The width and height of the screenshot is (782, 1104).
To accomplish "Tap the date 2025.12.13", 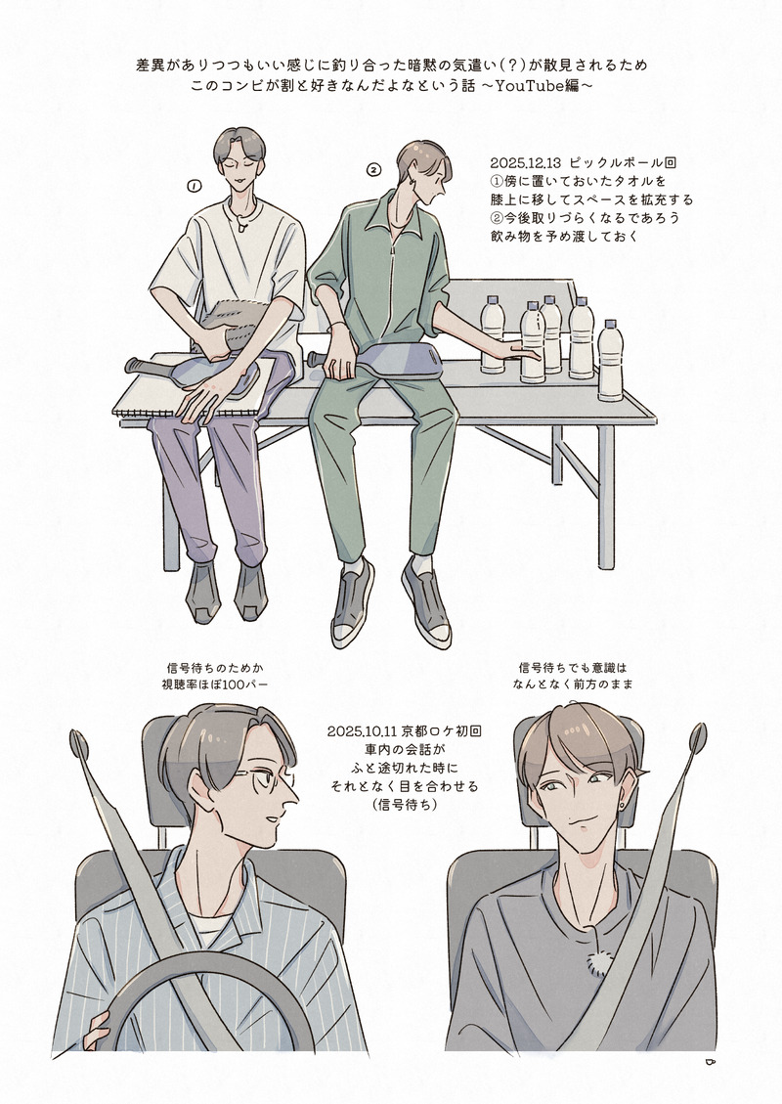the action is click(524, 162).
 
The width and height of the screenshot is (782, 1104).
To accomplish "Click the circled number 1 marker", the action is click(195, 186).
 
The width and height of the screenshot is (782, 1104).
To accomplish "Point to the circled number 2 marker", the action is click(373, 169).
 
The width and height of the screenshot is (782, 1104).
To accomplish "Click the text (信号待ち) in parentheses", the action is click(404, 805).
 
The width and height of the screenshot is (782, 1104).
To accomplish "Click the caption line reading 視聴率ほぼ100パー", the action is click(215, 684).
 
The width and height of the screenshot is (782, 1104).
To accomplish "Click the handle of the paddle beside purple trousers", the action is click(140, 366).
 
